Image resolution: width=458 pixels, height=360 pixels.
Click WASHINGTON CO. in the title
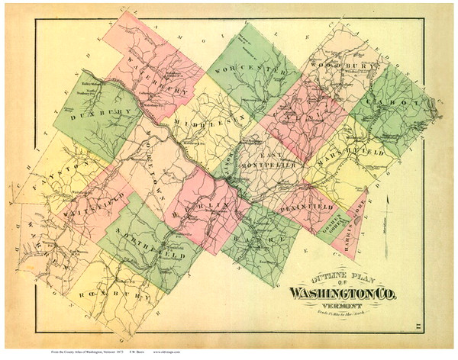[x=348, y=292]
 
